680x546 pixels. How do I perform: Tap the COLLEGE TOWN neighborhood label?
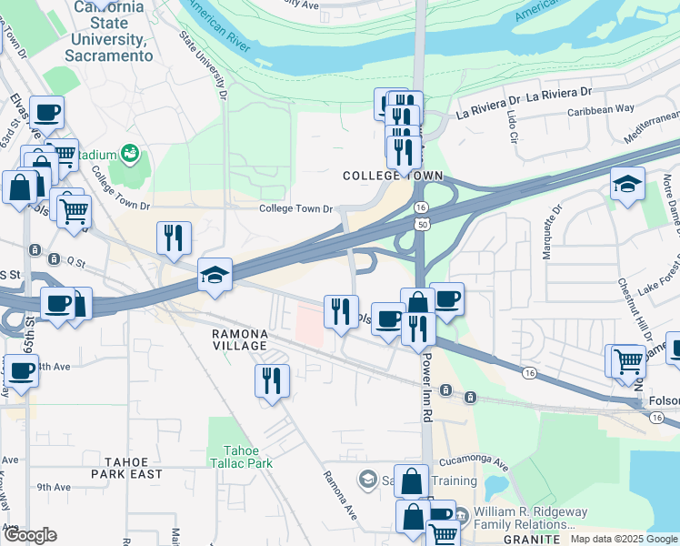click(x=392, y=176)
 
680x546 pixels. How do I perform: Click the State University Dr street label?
click(x=201, y=65)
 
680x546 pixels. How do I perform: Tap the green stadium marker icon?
click(x=129, y=152)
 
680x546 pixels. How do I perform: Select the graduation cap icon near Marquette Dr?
click(x=627, y=184)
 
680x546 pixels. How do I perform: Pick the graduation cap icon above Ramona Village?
click(x=215, y=275)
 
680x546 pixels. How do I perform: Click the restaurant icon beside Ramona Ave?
click(x=271, y=380)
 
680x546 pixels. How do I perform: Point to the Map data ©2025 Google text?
click(x=624, y=539)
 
